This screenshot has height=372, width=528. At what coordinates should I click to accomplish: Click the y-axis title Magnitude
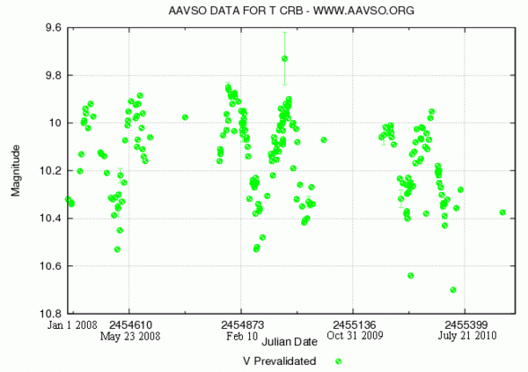point(16,170)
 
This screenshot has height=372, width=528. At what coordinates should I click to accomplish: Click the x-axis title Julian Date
point(290,341)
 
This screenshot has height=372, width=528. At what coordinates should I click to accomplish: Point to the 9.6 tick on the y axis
point(52,28)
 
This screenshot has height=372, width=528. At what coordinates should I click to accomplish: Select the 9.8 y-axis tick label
point(52,76)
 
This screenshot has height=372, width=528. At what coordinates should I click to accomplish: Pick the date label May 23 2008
point(129,336)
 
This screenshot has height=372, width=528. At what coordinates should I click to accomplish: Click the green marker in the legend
point(338,361)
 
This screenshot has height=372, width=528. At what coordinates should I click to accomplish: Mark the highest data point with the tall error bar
point(284,59)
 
